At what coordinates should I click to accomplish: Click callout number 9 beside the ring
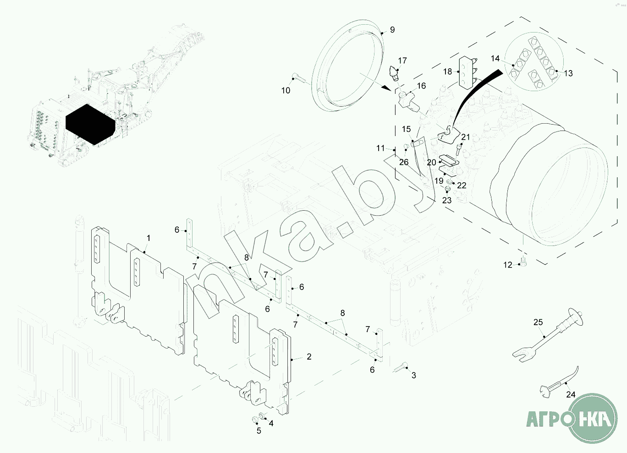click(392, 30)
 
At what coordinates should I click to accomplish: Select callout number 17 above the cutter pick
click(402, 60)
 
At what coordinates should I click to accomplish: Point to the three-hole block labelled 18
click(467, 72)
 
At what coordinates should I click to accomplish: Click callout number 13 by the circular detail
click(568, 73)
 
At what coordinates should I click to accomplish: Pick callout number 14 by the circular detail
click(495, 59)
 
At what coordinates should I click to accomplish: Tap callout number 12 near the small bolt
click(507, 265)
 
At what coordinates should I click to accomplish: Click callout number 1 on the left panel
click(148, 238)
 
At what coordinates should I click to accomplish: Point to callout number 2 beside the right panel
click(309, 356)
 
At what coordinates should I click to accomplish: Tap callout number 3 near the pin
click(413, 376)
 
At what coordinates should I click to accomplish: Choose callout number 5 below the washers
click(258, 431)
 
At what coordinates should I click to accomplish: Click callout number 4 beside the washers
click(271, 424)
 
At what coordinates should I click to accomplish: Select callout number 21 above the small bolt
click(466, 137)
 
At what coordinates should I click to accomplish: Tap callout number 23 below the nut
click(447, 200)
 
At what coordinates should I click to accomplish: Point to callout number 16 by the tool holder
click(421, 86)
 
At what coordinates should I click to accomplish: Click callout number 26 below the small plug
click(404, 162)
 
